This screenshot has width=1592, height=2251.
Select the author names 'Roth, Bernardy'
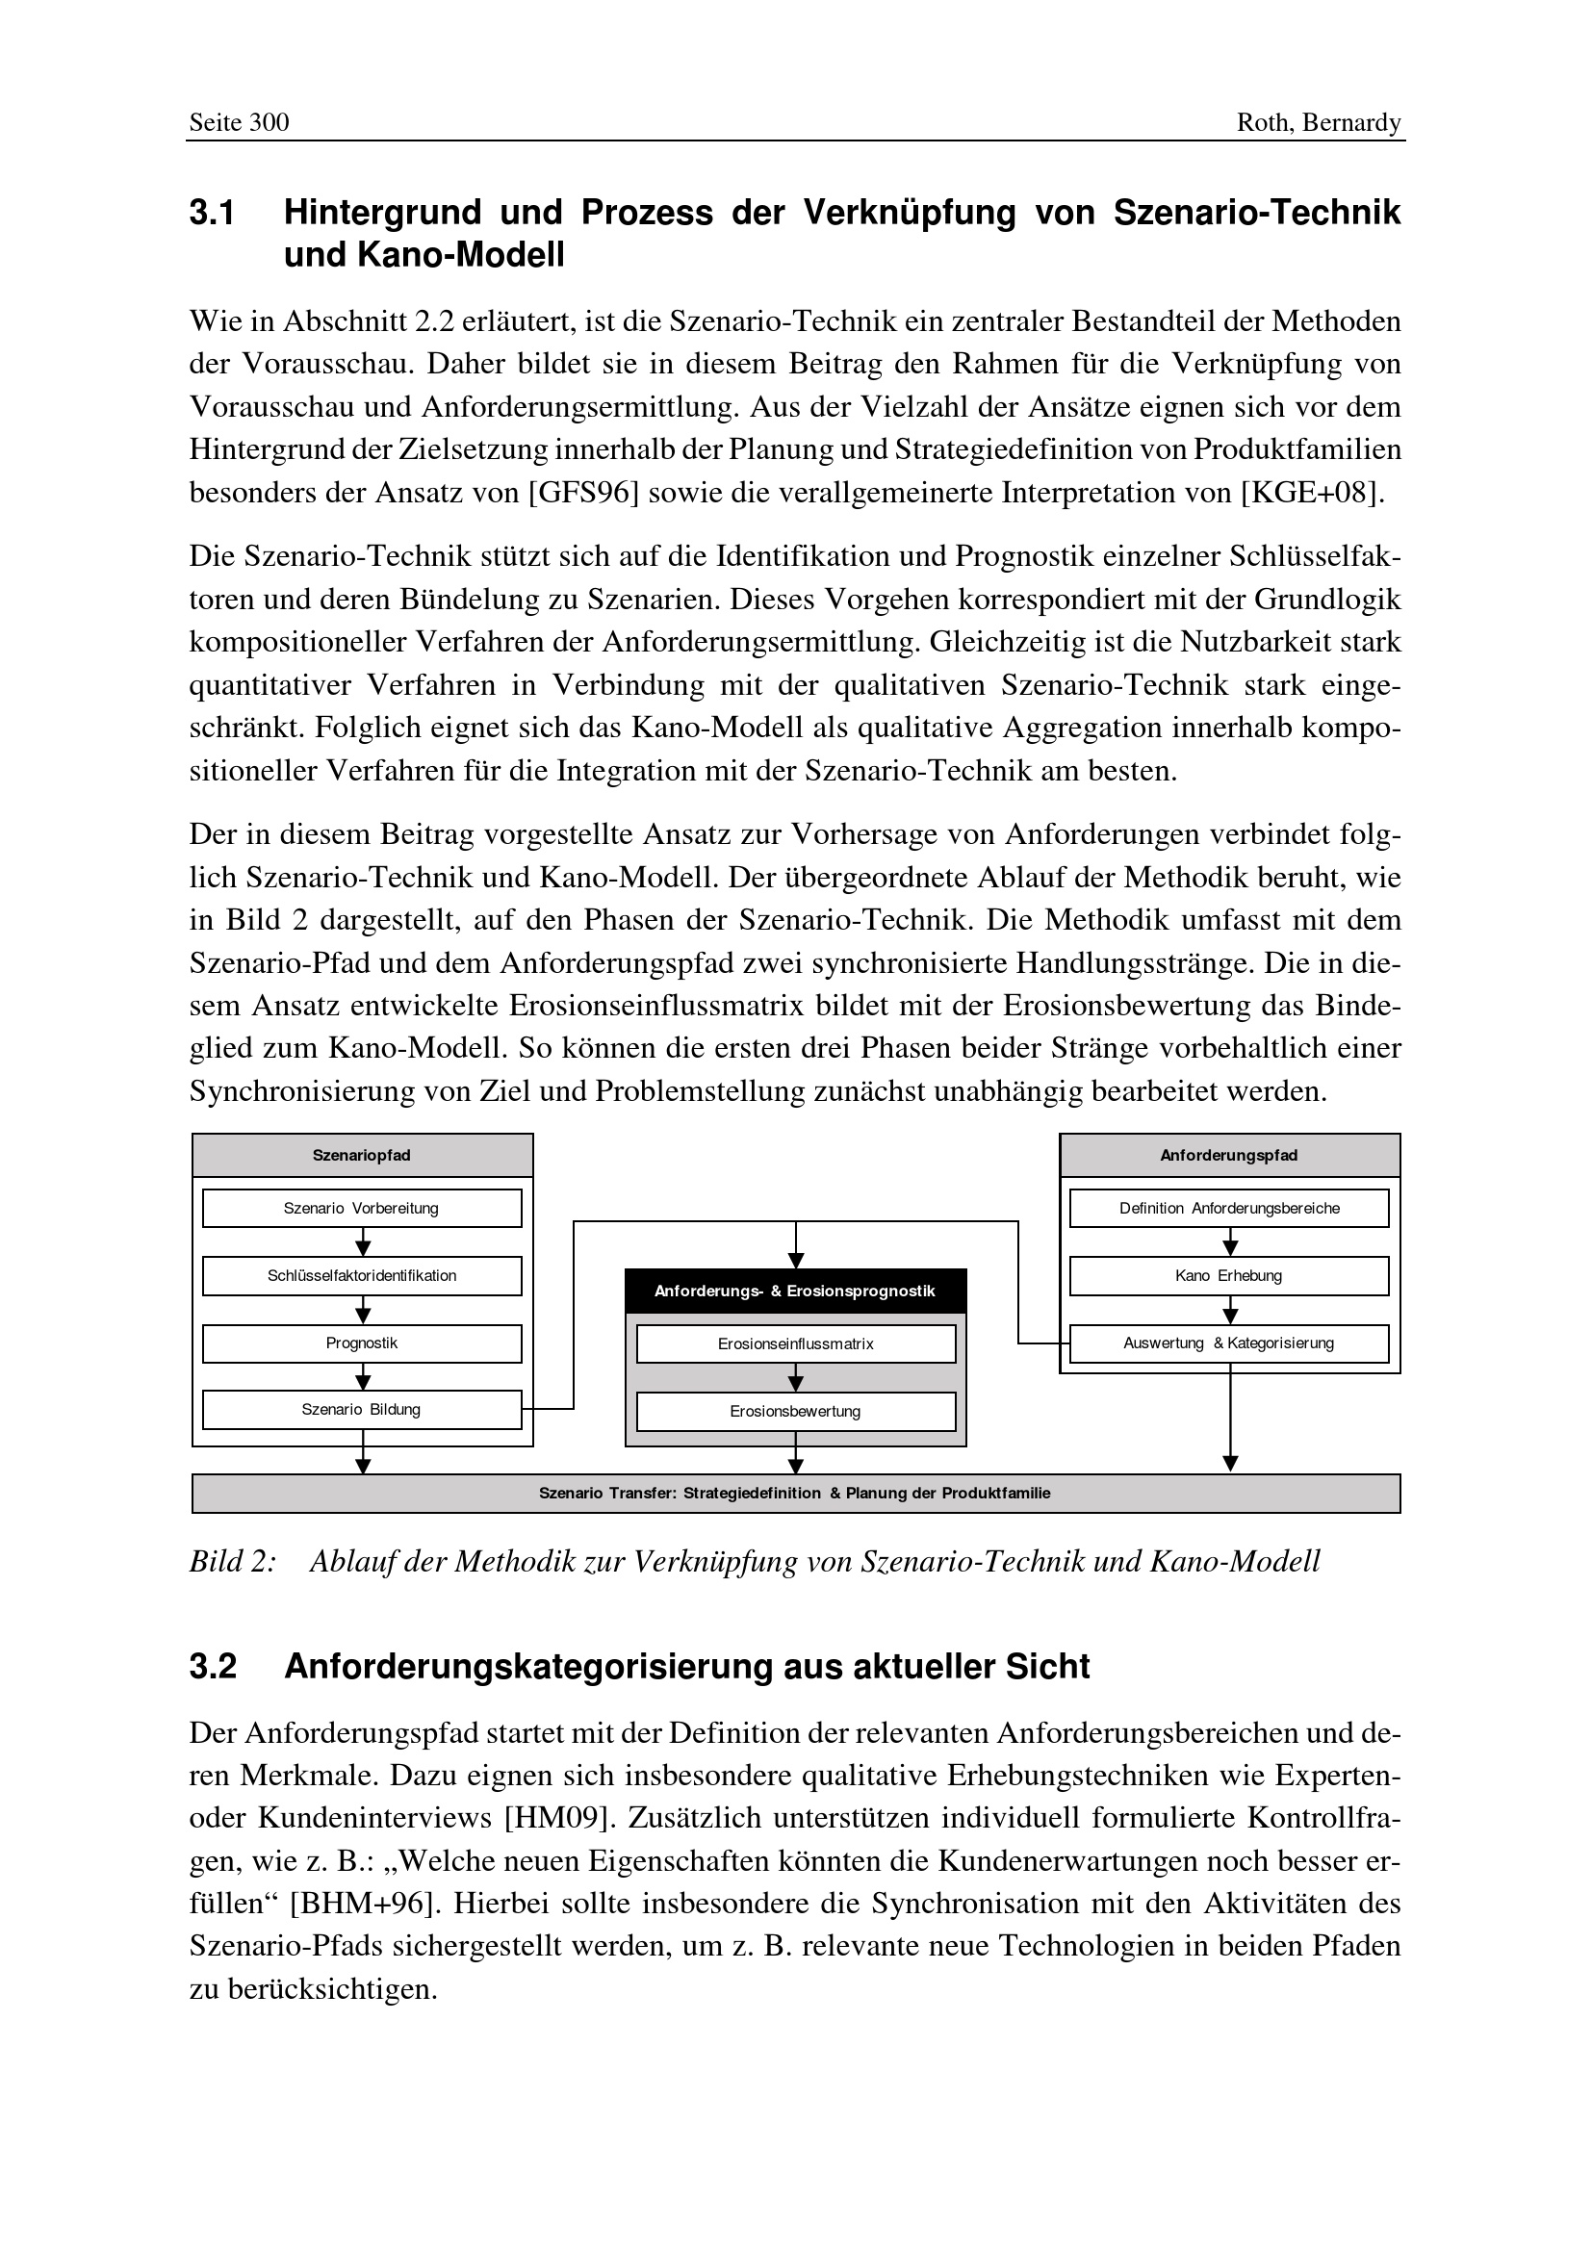tap(1319, 122)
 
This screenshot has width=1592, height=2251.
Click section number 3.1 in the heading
tap(212, 213)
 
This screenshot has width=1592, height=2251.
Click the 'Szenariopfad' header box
tap(362, 1155)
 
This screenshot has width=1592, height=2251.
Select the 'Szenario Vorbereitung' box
tap(362, 1208)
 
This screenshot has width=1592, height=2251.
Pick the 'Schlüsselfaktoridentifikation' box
tap(362, 1275)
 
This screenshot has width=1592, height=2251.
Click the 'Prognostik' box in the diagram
tap(362, 1343)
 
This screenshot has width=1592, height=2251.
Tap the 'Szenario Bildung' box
tap(362, 1410)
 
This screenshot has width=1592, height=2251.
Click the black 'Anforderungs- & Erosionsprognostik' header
tap(795, 1292)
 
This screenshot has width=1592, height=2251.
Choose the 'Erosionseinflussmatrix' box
tap(795, 1344)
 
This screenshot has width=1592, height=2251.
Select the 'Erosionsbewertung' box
tap(795, 1412)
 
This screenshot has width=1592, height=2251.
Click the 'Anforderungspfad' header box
tap(1228, 1155)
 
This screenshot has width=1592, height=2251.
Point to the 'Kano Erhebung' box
tap(1228, 1275)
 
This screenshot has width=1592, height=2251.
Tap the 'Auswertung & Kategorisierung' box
tap(1228, 1343)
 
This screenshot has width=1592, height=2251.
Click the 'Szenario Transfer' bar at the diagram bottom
tap(795, 1494)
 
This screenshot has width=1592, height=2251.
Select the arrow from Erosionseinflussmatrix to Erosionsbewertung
tap(795, 1377)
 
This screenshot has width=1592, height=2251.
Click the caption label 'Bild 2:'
tap(232, 1562)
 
